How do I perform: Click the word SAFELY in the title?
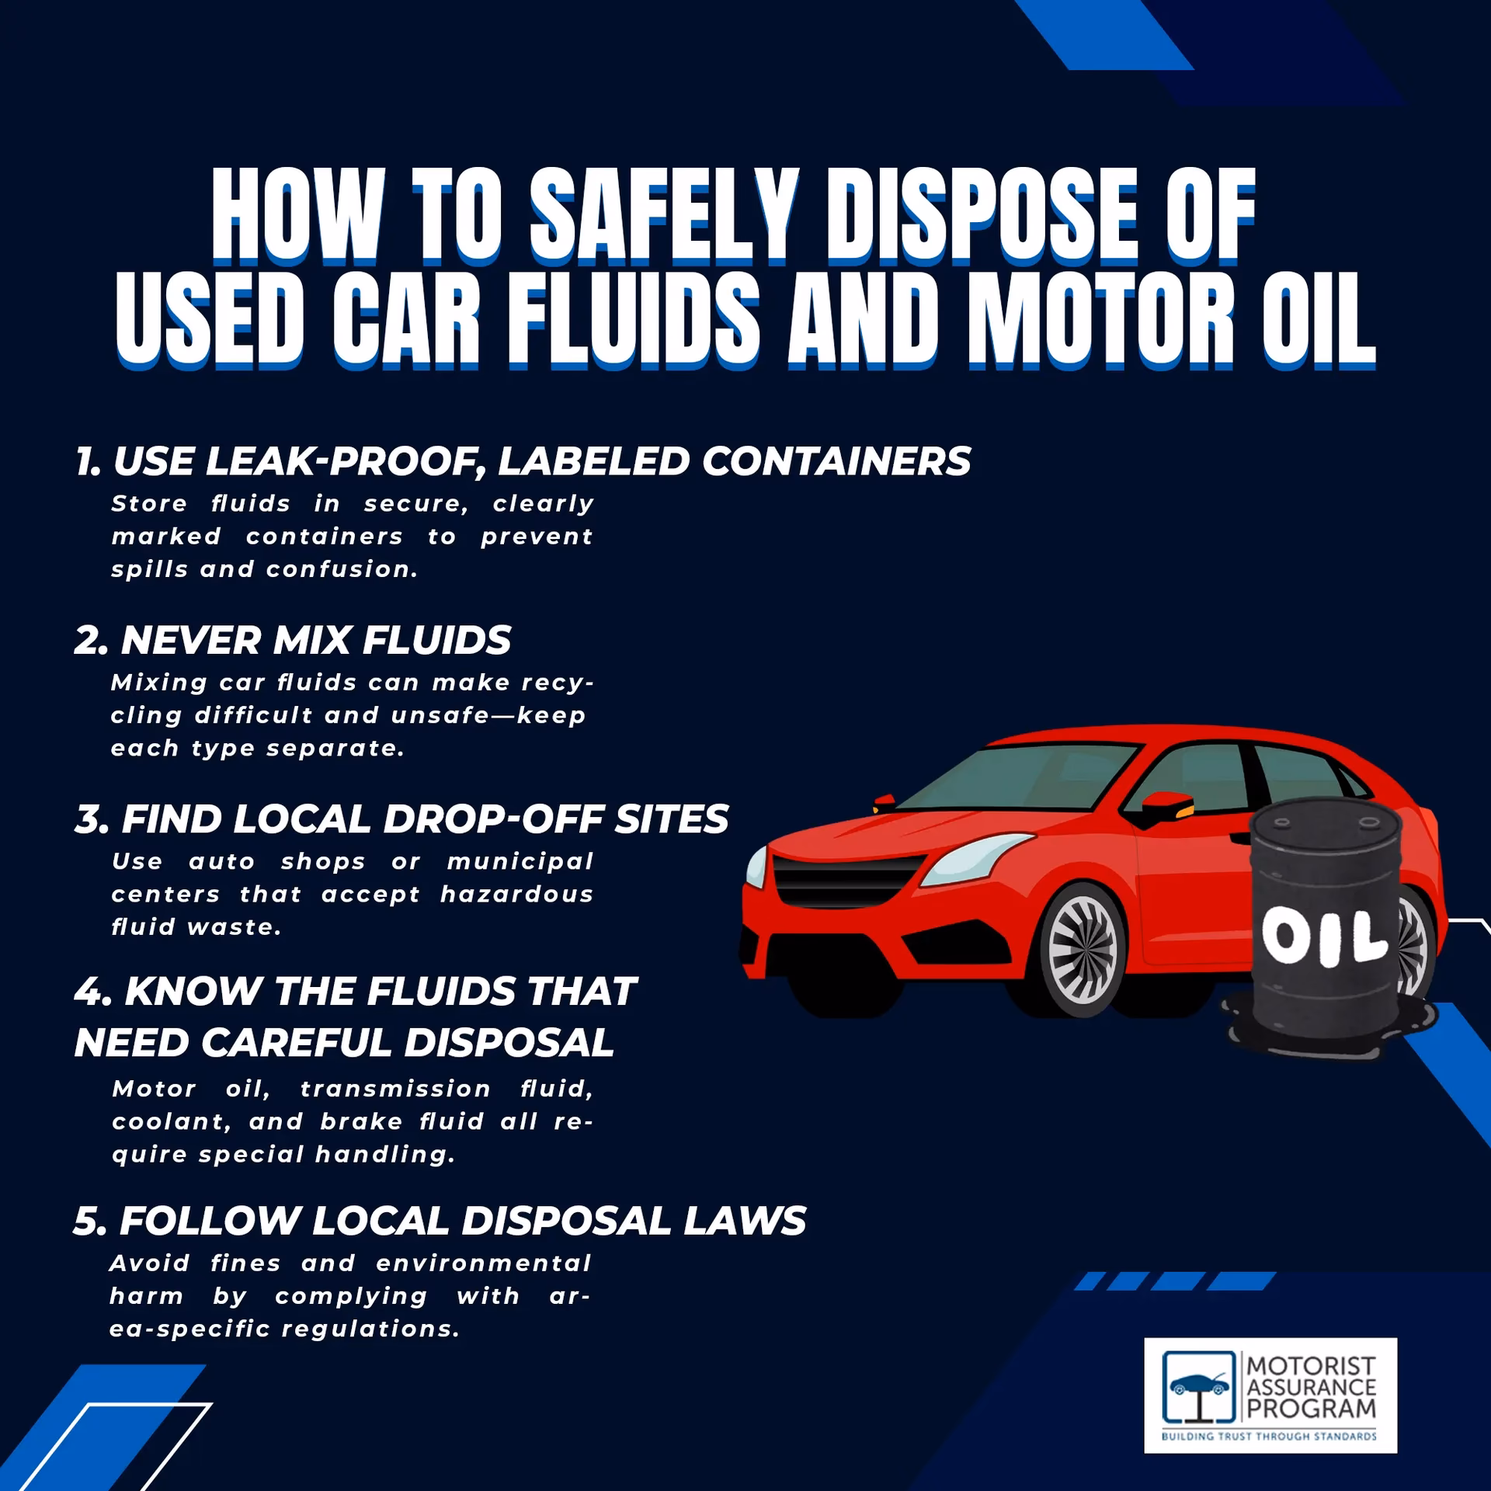(664, 213)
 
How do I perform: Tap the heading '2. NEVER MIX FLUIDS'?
(293, 640)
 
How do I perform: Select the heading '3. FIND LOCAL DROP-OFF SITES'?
(401, 818)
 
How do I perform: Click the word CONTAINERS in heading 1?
(836, 461)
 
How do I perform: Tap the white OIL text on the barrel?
(1325, 937)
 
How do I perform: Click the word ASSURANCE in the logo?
(1312, 1387)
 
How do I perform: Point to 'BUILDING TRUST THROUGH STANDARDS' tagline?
(1269, 1437)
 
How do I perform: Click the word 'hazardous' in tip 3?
(516, 895)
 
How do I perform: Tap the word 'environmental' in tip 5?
(484, 1263)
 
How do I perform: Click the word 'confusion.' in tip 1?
(342, 569)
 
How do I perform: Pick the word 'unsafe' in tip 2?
(439, 715)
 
